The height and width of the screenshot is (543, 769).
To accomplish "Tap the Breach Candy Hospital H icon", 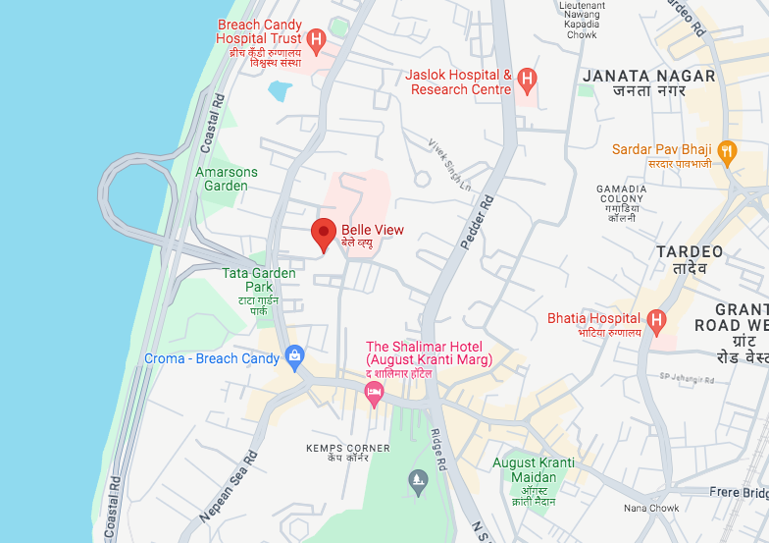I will click(316, 39).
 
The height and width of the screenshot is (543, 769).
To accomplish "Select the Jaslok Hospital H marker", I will click(527, 78).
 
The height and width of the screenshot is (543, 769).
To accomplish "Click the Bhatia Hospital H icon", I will click(656, 319).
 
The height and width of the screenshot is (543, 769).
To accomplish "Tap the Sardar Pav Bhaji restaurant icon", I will click(726, 150).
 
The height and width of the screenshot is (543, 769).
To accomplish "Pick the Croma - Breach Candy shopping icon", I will click(292, 354).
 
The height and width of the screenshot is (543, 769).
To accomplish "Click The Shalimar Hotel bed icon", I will click(373, 394).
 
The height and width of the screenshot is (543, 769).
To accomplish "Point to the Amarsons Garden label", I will click(227, 179).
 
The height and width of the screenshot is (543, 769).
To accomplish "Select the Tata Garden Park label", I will click(259, 280).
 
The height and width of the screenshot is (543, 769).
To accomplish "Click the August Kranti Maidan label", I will click(535, 469).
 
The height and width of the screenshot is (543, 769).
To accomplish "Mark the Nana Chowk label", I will click(651, 508).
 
